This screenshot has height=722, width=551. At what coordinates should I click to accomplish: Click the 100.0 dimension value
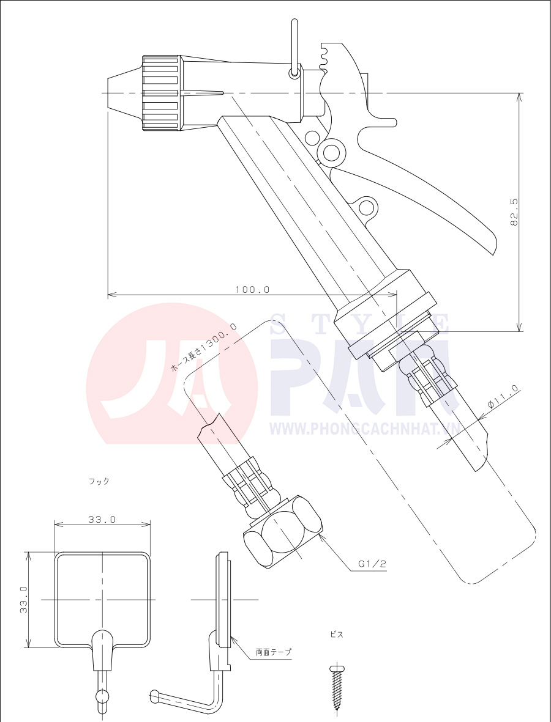252,290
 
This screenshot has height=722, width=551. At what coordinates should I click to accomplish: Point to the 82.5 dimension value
515,212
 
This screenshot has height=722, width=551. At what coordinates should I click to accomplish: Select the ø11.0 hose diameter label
503,397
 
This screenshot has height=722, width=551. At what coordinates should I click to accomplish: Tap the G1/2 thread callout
372,564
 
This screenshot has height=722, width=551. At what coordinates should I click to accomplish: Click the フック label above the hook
99,481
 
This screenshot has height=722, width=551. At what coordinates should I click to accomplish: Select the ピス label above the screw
337,635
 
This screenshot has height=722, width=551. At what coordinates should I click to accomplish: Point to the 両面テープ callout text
274,652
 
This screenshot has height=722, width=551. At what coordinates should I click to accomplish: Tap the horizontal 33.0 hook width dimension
102,520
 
